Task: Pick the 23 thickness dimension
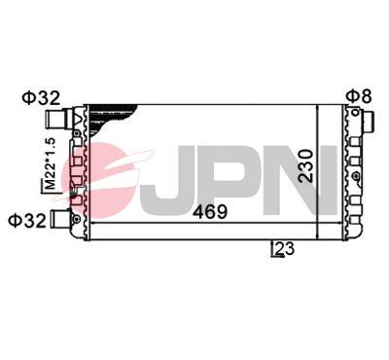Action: pos(284,249)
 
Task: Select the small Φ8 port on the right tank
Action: pos(370,122)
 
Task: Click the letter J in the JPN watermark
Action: pos(178,176)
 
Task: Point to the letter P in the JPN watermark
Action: pos(238,176)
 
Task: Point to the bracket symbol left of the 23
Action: pos(273,250)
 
